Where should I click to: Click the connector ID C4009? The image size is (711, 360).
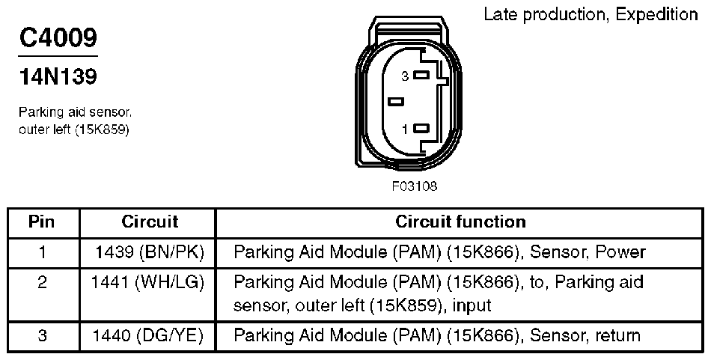pyautogui.click(x=58, y=39)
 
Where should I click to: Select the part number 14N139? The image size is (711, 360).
pyautogui.click(x=58, y=76)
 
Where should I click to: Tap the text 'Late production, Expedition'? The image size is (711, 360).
pyautogui.click(x=591, y=14)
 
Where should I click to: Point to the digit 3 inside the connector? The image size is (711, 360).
pyautogui.click(x=405, y=76)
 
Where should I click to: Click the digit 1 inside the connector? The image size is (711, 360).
pyautogui.click(x=405, y=129)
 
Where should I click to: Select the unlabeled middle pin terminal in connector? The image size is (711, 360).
pyautogui.click(x=396, y=102)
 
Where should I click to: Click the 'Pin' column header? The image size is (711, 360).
pyautogui.click(x=42, y=222)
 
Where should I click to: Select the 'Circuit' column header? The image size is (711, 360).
pyautogui.click(x=150, y=222)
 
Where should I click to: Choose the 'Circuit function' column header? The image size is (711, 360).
pyautogui.click(x=460, y=222)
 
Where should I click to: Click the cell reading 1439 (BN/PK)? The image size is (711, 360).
pyautogui.click(x=150, y=252)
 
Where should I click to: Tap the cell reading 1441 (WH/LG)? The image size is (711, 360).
pyautogui.click(x=150, y=282)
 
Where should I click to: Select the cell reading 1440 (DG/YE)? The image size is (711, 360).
pyautogui.click(x=150, y=336)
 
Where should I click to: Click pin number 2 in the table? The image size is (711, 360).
pyautogui.click(x=42, y=282)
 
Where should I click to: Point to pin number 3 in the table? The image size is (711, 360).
pyautogui.click(x=42, y=336)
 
